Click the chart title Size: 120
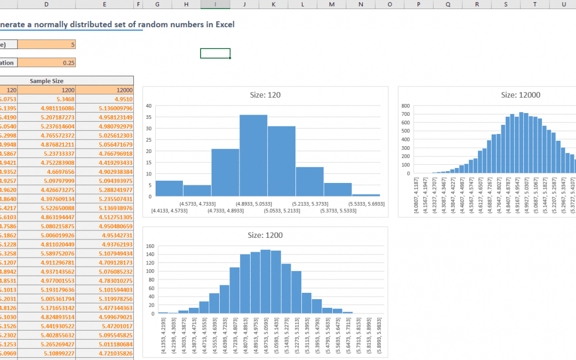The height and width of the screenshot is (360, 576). (265, 95)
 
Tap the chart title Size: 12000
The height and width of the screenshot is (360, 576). (521, 95)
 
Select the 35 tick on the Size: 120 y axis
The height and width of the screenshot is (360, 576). (149, 117)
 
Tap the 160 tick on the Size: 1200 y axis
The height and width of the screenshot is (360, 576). (150, 246)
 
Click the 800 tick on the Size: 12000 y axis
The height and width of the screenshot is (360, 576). (405, 106)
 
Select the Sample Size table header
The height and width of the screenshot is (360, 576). (47, 81)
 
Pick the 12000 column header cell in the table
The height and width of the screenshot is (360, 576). (104, 90)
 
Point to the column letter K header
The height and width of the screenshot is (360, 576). (273, 4)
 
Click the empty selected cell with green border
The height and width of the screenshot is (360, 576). (215, 53)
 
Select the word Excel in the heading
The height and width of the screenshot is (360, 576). (223, 25)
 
